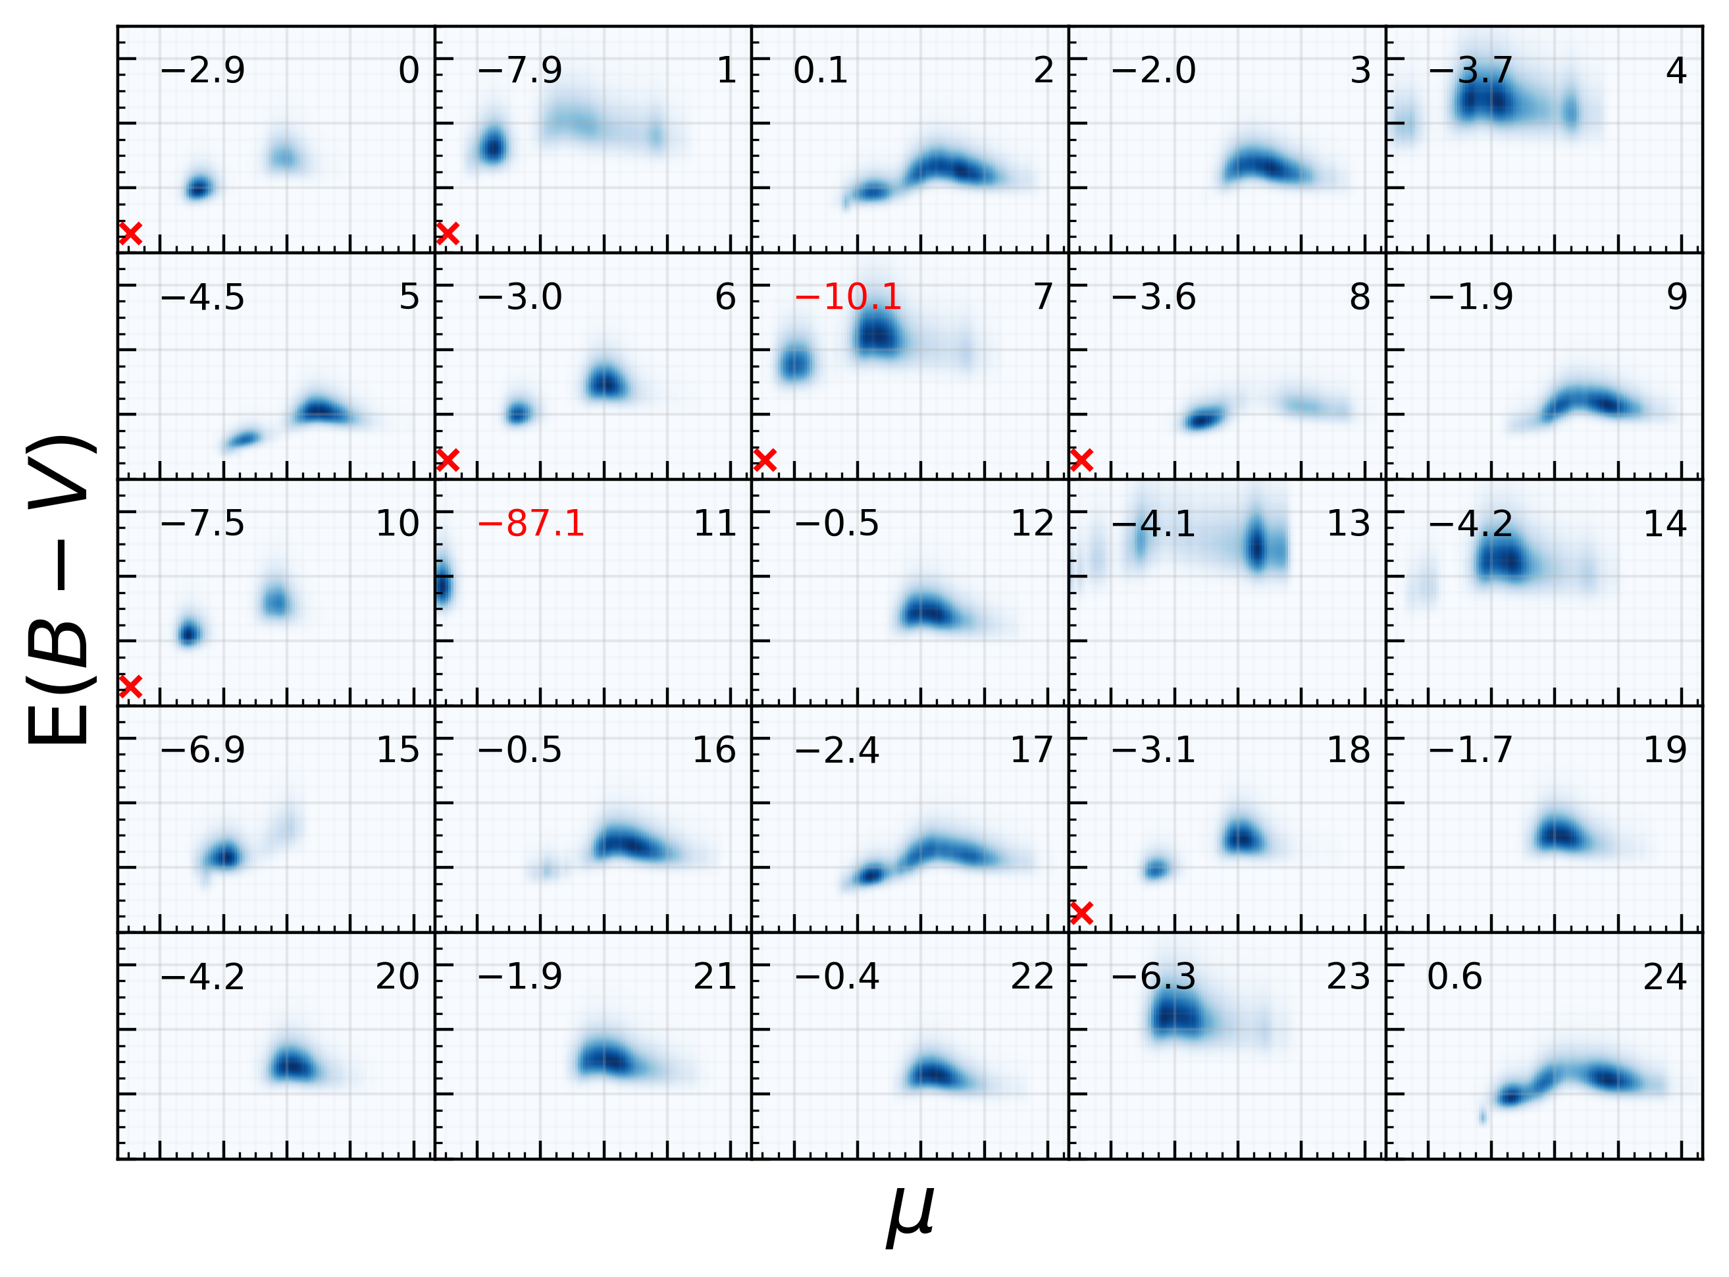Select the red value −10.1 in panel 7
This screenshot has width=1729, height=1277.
848,297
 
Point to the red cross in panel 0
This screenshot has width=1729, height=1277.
130,232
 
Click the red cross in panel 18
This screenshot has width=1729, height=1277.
1081,913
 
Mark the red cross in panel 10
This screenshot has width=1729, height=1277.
130,686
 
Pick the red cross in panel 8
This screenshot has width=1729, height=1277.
1081,460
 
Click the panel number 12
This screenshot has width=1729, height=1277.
1031,524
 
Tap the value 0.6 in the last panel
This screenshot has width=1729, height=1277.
1454,977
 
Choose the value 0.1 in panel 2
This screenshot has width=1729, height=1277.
821,70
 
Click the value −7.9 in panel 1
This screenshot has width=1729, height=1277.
520,70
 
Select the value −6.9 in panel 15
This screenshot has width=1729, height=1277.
203,750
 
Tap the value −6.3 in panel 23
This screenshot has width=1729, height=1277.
1154,977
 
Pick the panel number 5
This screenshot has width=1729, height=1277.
409,297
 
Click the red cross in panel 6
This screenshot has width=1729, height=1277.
448,460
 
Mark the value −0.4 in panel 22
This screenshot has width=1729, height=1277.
837,977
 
